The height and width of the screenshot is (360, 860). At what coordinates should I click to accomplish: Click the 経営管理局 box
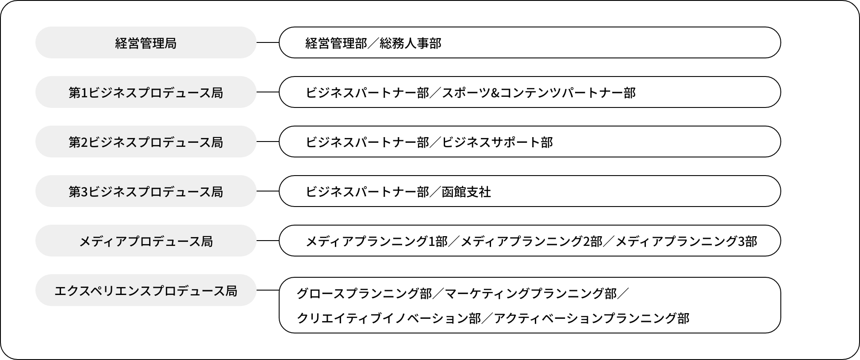pos(146,43)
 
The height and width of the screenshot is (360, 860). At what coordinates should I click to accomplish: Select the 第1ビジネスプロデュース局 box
pos(146,92)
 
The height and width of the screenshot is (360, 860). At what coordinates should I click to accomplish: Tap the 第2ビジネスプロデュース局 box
pos(146,142)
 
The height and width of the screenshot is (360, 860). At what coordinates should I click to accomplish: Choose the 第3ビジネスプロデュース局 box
pos(146,191)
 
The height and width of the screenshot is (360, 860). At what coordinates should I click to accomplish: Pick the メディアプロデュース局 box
pos(146,241)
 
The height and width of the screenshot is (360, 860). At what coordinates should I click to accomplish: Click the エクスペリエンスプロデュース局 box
pos(146,291)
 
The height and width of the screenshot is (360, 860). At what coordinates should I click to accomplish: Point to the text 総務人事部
pos(410,43)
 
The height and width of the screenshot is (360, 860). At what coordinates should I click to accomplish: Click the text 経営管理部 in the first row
pos(336,43)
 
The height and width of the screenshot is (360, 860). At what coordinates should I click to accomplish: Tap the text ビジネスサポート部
pos(497,142)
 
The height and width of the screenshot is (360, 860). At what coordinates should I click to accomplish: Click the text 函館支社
pos(466,191)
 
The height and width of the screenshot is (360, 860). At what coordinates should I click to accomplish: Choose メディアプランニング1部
pos(376,241)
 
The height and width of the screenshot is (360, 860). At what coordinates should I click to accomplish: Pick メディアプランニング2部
pos(531,241)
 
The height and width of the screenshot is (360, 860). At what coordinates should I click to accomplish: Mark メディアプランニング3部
pos(686,241)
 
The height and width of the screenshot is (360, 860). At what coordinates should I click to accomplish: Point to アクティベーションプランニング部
pos(591,318)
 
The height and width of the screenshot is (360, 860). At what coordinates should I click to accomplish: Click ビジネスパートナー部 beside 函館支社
pos(367,191)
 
